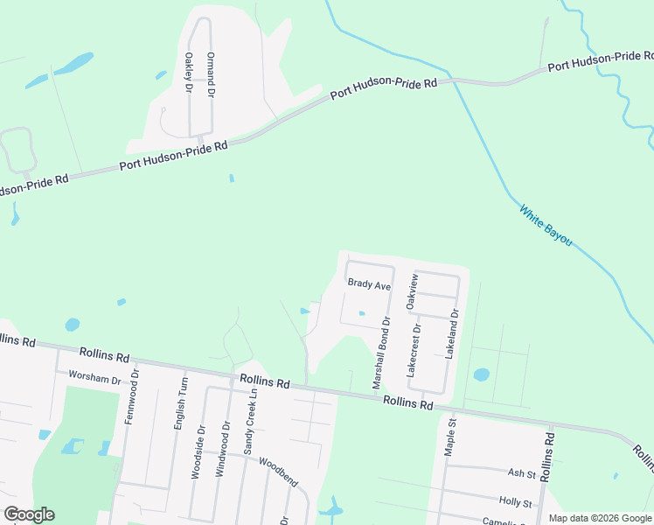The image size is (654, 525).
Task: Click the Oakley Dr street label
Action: (x=189, y=70)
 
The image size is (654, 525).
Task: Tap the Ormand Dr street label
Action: (x=210, y=67)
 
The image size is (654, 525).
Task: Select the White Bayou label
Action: (x=546, y=226)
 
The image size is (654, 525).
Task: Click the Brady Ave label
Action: (x=368, y=283)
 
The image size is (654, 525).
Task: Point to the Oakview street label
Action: (x=413, y=290)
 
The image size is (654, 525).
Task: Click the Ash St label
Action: (x=521, y=472)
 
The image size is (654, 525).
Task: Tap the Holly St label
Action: (x=516, y=503)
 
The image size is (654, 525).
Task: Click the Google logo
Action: (x=29, y=514)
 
